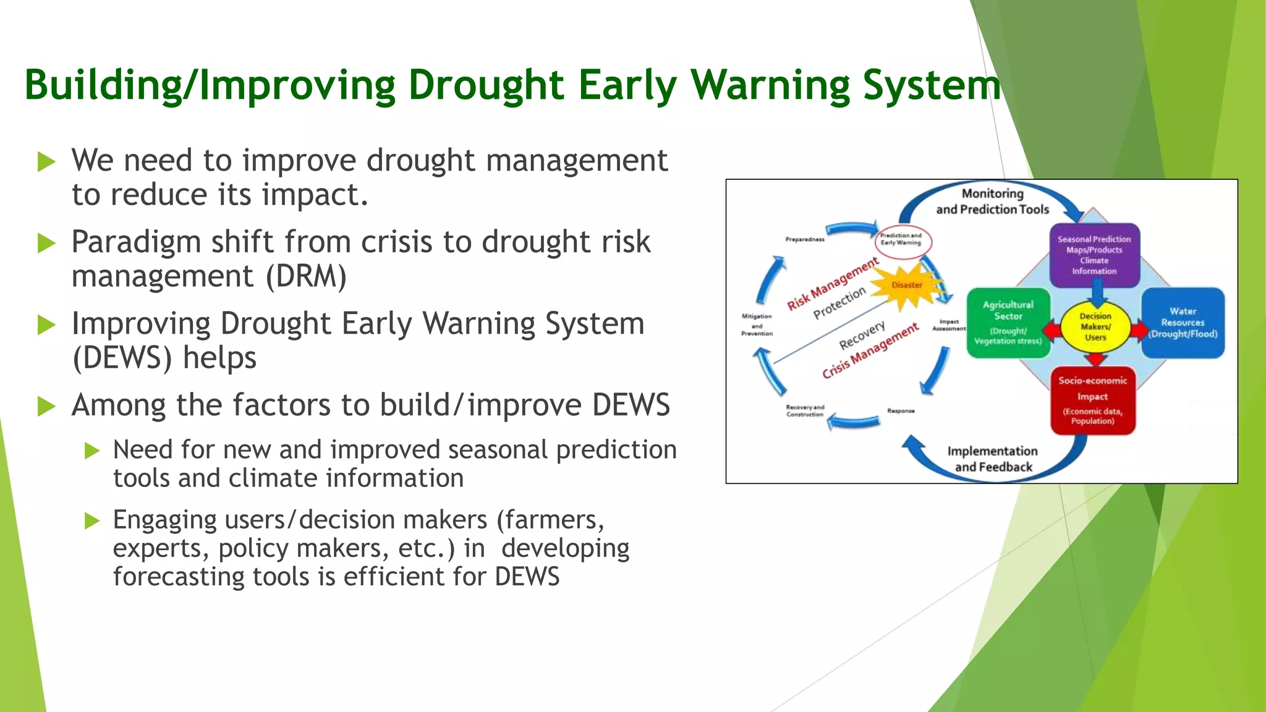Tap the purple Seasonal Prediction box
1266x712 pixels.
click(x=1094, y=255)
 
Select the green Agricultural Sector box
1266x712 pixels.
click(x=1008, y=323)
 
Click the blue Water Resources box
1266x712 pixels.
click(x=1183, y=323)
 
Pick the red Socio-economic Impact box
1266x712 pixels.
click(x=1092, y=400)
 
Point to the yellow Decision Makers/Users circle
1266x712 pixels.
click(x=1095, y=326)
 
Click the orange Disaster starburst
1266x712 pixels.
click(x=907, y=285)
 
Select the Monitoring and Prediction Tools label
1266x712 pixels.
click(x=992, y=201)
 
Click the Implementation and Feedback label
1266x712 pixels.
click(x=993, y=459)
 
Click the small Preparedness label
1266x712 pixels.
click(x=804, y=239)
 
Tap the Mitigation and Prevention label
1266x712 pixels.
click(x=757, y=324)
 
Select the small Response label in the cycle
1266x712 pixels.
click(x=901, y=411)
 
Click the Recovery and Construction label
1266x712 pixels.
click(x=805, y=411)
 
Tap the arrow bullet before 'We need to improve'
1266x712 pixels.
click(x=46, y=162)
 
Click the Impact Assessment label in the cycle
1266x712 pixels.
click(x=949, y=325)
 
